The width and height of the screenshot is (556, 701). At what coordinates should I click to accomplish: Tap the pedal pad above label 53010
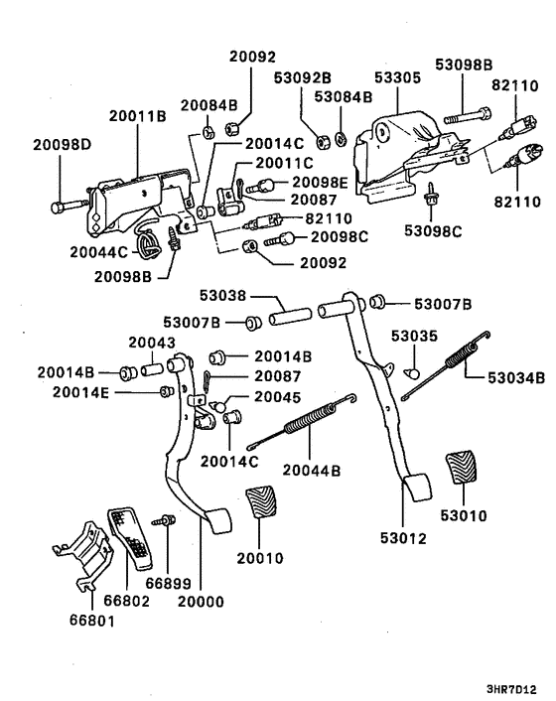point(464,468)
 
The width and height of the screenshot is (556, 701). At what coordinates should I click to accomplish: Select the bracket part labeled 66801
point(80,563)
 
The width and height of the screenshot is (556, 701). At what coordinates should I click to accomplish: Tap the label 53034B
point(516,377)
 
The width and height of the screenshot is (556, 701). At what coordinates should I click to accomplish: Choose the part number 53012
point(403,539)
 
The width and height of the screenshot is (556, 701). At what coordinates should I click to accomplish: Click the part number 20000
point(200,601)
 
